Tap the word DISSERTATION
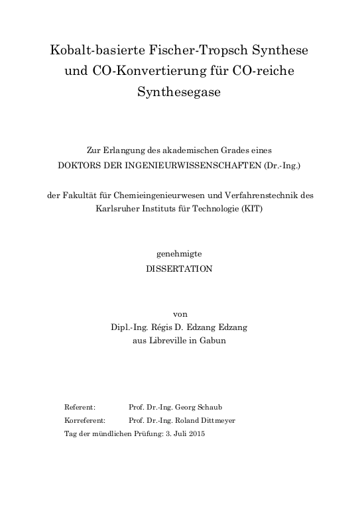pos(179,268)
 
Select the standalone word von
pos(179,314)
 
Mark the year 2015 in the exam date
pos(197,433)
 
